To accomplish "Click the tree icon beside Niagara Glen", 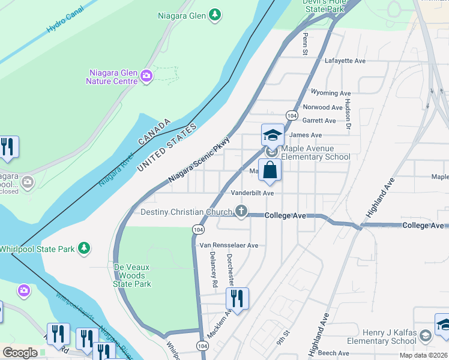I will click(215, 15).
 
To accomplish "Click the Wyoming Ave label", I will click(330, 93).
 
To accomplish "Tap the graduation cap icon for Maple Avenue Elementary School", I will click(273, 135).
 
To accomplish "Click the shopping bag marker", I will click(270, 170).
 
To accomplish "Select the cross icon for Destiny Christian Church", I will click(241, 211).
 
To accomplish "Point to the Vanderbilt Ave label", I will click(253, 193).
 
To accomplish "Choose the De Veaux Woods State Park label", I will click(133, 275).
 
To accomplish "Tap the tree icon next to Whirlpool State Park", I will click(85, 248).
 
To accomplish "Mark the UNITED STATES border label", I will click(167, 148).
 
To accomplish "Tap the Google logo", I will click(20, 353).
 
